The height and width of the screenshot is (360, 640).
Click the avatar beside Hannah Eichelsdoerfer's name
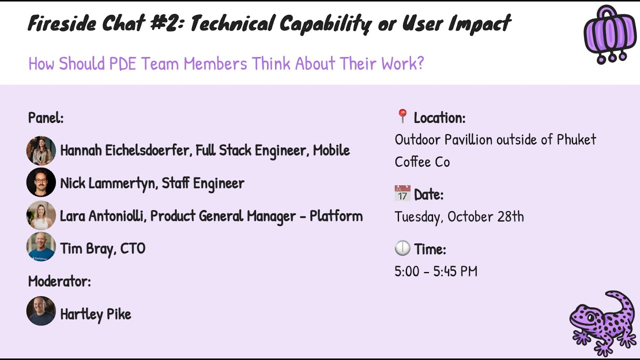(x=41, y=150)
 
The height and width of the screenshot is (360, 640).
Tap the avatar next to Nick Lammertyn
(x=41, y=183)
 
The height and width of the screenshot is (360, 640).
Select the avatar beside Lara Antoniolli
(x=41, y=215)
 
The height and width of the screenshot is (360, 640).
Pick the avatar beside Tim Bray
(x=41, y=247)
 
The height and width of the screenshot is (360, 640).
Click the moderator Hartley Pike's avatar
(x=41, y=311)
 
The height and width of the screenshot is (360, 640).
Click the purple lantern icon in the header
(x=609, y=35)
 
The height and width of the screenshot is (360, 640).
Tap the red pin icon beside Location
(x=402, y=117)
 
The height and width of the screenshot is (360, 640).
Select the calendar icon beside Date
(x=402, y=193)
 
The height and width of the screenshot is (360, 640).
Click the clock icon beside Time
(x=402, y=248)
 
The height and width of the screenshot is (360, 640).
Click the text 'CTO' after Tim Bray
(x=132, y=248)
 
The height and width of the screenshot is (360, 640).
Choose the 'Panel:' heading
(x=45, y=118)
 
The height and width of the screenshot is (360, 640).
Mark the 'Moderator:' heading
(x=59, y=281)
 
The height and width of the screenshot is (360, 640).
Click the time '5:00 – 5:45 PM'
(x=435, y=271)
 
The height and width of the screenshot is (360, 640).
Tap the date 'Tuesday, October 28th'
(x=459, y=216)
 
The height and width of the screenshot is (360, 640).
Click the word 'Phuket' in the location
(x=576, y=139)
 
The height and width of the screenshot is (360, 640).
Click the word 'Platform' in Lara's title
(x=336, y=216)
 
